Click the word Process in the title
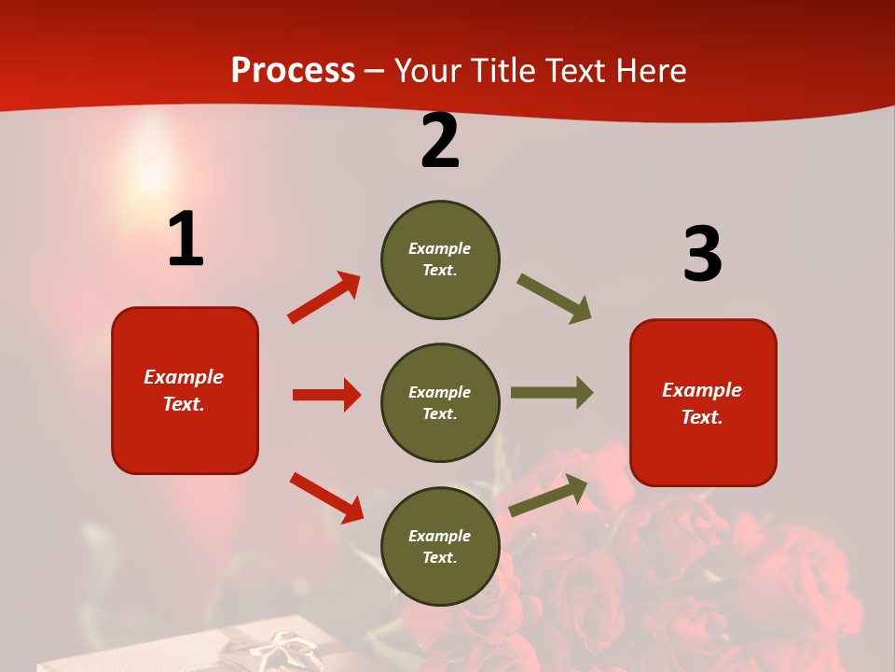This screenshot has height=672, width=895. pyautogui.click(x=293, y=71)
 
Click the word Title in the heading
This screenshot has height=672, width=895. pyautogui.click(x=503, y=71)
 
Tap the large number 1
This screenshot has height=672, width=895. pyautogui.click(x=186, y=240)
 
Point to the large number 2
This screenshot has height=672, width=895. pyautogui.click(x=440, y=141)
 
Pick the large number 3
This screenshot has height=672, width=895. pyautogui.click(x=702, y=254)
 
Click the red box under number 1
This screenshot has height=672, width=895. pyautogui.click(x=185, y=390)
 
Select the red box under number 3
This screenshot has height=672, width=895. pyautogui.click(x=703, y=402)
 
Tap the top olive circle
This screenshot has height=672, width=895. pyautogui.click(x=440, y=259)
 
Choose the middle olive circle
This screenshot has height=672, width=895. pyautogui.click(x=440, y=402)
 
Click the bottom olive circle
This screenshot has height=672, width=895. pyautogui.click(x=440, y=546)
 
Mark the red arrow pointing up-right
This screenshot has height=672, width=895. pyautogui.click(x=324, y=297)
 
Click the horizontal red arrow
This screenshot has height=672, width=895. pyautogui.click(x=326, y=395)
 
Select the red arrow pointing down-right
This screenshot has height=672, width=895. pyautogui.click(x=326, y=497)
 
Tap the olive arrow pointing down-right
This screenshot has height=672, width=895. pyautogui.click(x=555, y=299)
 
